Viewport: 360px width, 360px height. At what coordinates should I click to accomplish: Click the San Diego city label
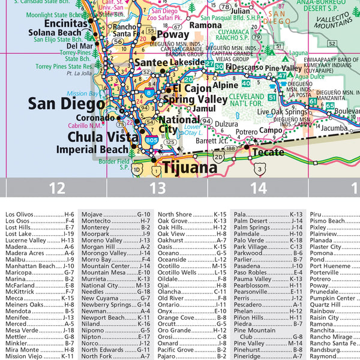(x=67, y=104)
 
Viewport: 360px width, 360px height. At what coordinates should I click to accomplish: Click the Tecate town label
(x=268, y=152)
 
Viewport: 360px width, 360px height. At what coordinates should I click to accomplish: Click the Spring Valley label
(x=196, y=99)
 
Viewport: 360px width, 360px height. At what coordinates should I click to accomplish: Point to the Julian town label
(x=240, y=11)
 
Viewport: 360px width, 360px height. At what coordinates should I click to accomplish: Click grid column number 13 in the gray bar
(x=157, y=188)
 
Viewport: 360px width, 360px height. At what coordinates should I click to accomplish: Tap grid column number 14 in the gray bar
(x=258, y=188)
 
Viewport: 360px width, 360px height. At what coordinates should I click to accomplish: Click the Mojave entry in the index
(x=92, y=214)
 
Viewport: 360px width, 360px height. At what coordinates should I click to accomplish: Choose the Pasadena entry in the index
(x=248, y=266)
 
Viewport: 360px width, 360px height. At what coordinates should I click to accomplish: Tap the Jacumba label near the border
(x=334, y=128)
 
